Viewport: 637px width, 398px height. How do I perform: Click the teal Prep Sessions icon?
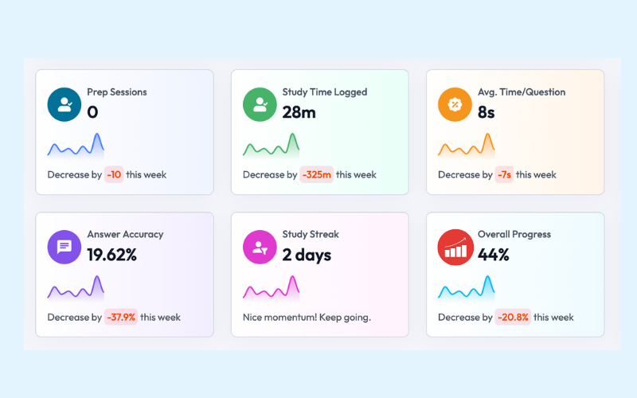coord(64,104)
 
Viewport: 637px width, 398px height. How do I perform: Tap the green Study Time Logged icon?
coord(260,104)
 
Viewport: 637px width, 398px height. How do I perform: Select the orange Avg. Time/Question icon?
coord(455,104)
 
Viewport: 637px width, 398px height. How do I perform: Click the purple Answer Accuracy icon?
coord(64,247)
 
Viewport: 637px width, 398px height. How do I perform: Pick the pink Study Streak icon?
coord(260,247)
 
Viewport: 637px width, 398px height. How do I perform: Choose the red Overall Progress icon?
coord(455,247)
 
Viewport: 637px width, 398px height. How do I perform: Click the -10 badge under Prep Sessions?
coord(114,174)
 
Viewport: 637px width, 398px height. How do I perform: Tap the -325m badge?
coord(316,174)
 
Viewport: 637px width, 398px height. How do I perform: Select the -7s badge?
coord(504,174)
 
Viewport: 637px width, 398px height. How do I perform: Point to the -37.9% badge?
coord(121,317)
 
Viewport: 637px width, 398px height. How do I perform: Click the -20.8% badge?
coord(512,317)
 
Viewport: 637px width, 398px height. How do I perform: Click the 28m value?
coord(299,112)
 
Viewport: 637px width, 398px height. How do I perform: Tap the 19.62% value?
coord(112,255)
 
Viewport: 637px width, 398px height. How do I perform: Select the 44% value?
coord(494,255)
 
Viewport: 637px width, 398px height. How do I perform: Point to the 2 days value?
coord(307,255)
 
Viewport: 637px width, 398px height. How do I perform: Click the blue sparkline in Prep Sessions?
coord(76,146)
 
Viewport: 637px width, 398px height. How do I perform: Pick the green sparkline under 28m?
coord(271,146)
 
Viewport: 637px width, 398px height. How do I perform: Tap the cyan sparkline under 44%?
coord(466,288)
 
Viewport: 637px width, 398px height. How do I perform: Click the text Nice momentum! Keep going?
coord(307,317)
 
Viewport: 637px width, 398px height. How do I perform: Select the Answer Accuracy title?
coord(125,234)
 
